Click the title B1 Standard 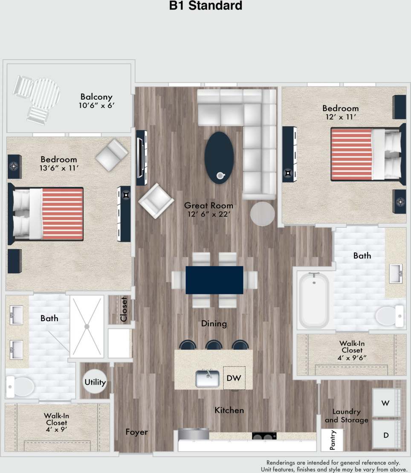click(205, 6)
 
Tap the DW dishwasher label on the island click(234, 378)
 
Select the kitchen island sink click(208, 378)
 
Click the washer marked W click(385, 403)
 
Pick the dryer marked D click(386, 435)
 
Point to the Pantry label click(332, 440)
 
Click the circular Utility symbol click(95, 382)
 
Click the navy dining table click(214, 280)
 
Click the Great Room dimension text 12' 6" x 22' click(208, 215)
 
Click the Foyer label click(136, 432)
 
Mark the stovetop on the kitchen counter click(264, 436)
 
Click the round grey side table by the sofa click(263, 214)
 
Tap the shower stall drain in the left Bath click(87, 326)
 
